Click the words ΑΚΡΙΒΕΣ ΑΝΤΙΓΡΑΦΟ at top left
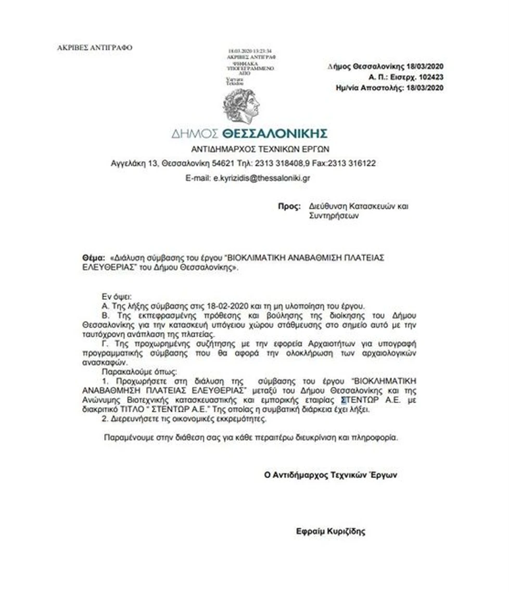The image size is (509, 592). pos(95,48)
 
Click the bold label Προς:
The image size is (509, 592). pos(289,207)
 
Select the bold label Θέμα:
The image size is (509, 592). pos(93,258)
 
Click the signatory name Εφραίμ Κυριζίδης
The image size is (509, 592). pos(330,532)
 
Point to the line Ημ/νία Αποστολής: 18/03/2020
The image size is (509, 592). pos(390,87)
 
